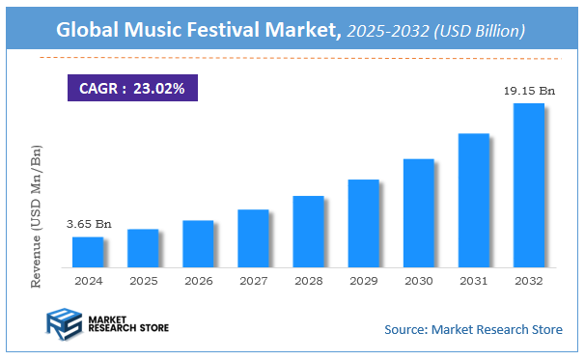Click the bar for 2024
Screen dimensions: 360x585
[x=87, y=252]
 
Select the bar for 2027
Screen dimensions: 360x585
[x=253, y=238]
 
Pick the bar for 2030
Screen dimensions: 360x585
[x=418, y=213]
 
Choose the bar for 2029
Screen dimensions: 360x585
[x=363, y=223]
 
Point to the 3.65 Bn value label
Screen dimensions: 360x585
[x=89, y=224]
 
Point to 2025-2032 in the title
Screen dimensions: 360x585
[x=383, y=31]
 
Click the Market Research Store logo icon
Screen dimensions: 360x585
[x=64, y=324]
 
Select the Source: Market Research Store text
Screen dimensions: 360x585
[x=473, y=330]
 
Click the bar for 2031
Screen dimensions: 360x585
[x=473, y=200]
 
